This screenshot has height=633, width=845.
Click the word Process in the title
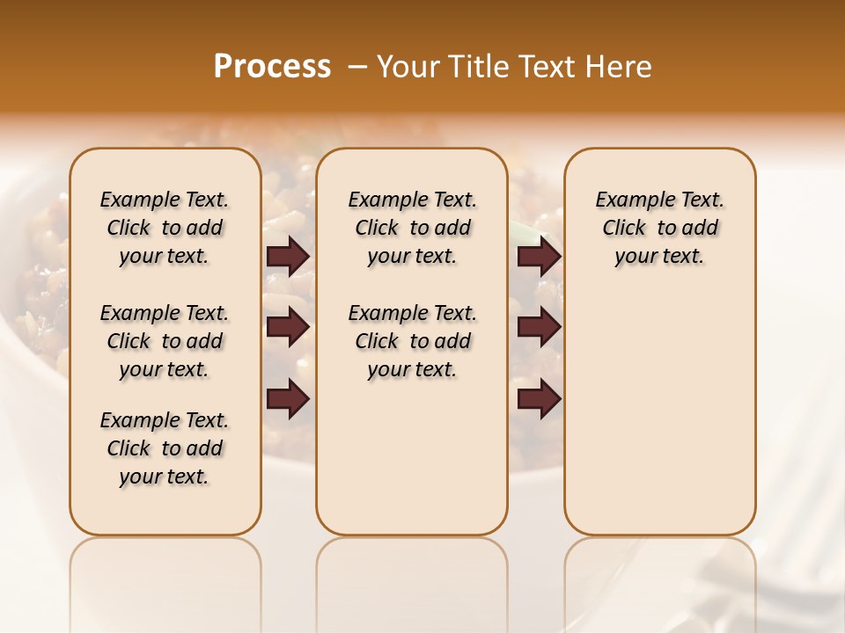point(272,67)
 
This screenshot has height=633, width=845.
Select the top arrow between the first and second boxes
point(288,257)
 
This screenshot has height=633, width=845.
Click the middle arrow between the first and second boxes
point(288,328)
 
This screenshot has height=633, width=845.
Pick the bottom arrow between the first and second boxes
point(288,398)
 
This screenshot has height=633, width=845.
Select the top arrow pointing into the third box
point(539,257)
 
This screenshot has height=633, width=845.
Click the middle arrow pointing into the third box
point(539,328)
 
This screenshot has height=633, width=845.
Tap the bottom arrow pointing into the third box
point(539,398)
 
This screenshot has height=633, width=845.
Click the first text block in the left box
point(165,228)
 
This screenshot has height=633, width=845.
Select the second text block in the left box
point(165,341)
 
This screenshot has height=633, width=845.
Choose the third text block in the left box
point(165,448)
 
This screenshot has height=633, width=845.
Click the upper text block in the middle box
point(412,228)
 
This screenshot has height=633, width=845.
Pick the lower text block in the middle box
point(412,341)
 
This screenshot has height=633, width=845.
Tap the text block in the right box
point(659,228)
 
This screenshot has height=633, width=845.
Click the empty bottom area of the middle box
point(412,466)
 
